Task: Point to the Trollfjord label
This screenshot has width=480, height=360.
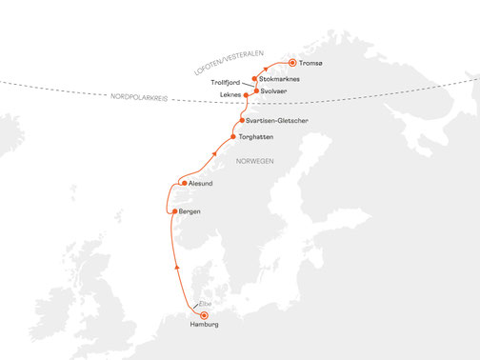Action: pos(228,83)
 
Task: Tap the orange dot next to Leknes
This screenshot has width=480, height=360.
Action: pos(247,95)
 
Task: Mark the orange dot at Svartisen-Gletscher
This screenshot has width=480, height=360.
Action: pos(239,123)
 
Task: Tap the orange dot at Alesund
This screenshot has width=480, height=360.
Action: pos(183,183)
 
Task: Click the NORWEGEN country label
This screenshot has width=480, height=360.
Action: pos(254,161)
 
